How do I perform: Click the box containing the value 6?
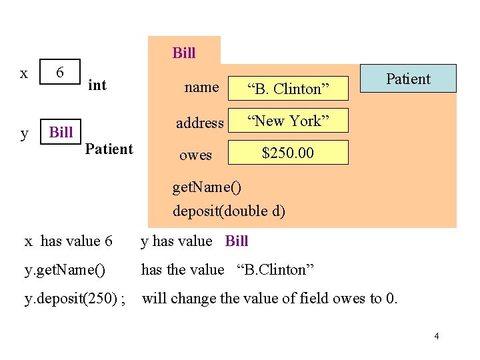(x=60, y=72)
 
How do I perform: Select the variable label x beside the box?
(x=24, y=73)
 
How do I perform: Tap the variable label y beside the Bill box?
(x=25, y=133)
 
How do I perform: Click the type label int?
(x=97, y=85)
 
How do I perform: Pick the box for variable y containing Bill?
(x=61, y=132)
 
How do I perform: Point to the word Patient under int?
(x=109, y=149)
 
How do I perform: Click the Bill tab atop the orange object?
(x=184, y=53)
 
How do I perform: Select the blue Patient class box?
(x=408, y=79)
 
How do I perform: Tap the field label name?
(x=201, y=87)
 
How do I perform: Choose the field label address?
(x=199, y=123)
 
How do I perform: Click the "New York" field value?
(x=288, y=121)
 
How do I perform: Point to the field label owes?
(x=195, y=155)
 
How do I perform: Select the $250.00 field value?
(x=288, y=153)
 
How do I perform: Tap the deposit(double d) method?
(x=229, y=211)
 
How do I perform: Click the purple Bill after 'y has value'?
(x=237, y=241)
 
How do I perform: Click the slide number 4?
(x=436, y=336)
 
